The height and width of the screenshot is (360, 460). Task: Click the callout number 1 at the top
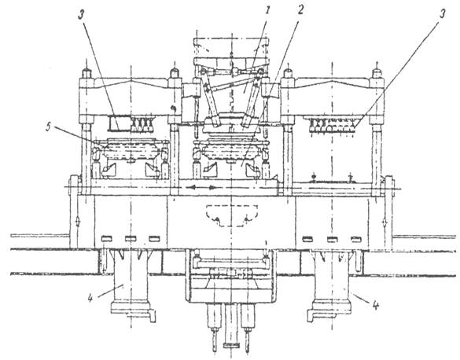point(267,11)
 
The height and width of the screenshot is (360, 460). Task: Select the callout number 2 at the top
point(300,10)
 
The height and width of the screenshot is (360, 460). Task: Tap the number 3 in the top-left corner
point(81,15)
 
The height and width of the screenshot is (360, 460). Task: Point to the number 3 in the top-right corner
point(442,13)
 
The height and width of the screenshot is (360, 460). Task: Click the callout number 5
point(49,127)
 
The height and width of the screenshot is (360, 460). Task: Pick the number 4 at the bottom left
point(90,298)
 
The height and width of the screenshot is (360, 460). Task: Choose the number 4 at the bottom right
point(376,306)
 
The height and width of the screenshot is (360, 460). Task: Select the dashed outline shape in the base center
point(232,215)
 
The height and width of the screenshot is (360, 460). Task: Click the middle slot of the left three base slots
point(131,239)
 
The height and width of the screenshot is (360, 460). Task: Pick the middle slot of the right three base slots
point(333,239)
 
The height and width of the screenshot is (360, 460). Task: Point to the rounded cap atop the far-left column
point(86,72)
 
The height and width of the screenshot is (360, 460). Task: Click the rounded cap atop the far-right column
point(377,72)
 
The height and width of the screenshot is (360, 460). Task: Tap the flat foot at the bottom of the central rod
point(231,345)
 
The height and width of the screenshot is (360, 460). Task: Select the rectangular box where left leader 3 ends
point(120,123)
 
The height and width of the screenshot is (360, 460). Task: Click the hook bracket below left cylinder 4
point(152,316)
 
